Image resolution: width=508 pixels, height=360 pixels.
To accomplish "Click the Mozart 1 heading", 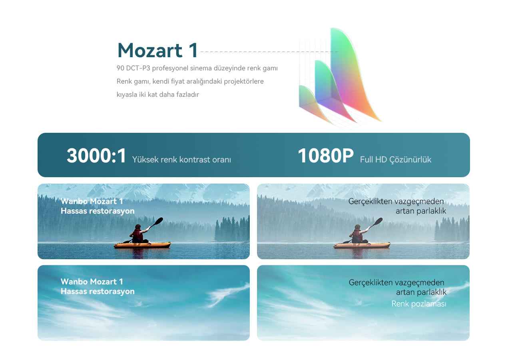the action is (x=157, y=50).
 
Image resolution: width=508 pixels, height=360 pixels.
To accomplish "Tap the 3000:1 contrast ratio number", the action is (x=96, y=156).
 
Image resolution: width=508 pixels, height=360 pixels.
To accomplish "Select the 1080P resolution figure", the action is (x=326, y=156).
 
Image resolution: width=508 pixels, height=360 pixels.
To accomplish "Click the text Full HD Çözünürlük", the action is (x=396, y=159).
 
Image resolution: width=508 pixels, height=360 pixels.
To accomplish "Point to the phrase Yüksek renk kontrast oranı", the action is (x=181, y=159).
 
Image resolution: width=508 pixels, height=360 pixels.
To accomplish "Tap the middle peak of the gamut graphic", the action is (x=329, y=91).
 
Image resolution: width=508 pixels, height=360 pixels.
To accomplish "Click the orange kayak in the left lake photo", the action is (x=142, y=245).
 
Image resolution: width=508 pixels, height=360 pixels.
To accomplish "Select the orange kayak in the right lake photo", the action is (x=362, y=245).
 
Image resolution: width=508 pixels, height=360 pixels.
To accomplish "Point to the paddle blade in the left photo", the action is (x=159, y=221).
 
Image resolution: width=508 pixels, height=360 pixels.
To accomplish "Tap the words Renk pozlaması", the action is (x=418, y=304).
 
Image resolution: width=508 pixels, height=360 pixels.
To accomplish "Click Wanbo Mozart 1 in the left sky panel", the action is (x=92, y=282).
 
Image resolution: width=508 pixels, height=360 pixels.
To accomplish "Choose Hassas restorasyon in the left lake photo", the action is (x=98, y=211).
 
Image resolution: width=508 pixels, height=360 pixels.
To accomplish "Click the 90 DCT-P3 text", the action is (x=133, y=68).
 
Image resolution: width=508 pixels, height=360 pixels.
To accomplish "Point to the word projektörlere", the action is (x=243, y=82).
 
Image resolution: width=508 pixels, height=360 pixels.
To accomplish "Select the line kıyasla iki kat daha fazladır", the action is (x=157, y=94).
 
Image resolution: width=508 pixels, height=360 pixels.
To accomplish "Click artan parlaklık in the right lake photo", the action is (x=421, y=211).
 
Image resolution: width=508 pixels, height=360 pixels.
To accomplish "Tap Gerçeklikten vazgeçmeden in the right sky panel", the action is (x=396, y=282).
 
